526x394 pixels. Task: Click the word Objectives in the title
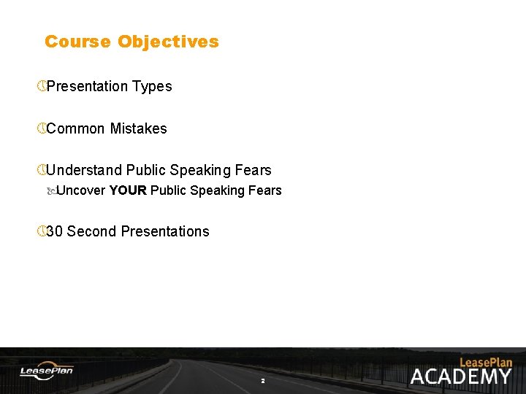[168, 42]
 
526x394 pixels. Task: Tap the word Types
[152, 86]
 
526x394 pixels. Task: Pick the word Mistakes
[138, 128]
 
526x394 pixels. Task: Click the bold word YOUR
[128, 190]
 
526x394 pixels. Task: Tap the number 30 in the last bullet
[54, 231]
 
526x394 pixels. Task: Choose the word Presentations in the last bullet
[165, 231]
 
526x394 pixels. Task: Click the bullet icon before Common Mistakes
[42, 128]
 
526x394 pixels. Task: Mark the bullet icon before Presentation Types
[42, 86]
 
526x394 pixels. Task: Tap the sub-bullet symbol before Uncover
[51, 190]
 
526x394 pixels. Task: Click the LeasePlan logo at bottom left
[46, 371]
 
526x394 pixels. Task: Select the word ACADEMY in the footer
[460, 376]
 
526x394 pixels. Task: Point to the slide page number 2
[263, 381]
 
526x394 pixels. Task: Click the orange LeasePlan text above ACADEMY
[486, 362]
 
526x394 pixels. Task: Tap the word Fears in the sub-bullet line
[265, 190]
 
